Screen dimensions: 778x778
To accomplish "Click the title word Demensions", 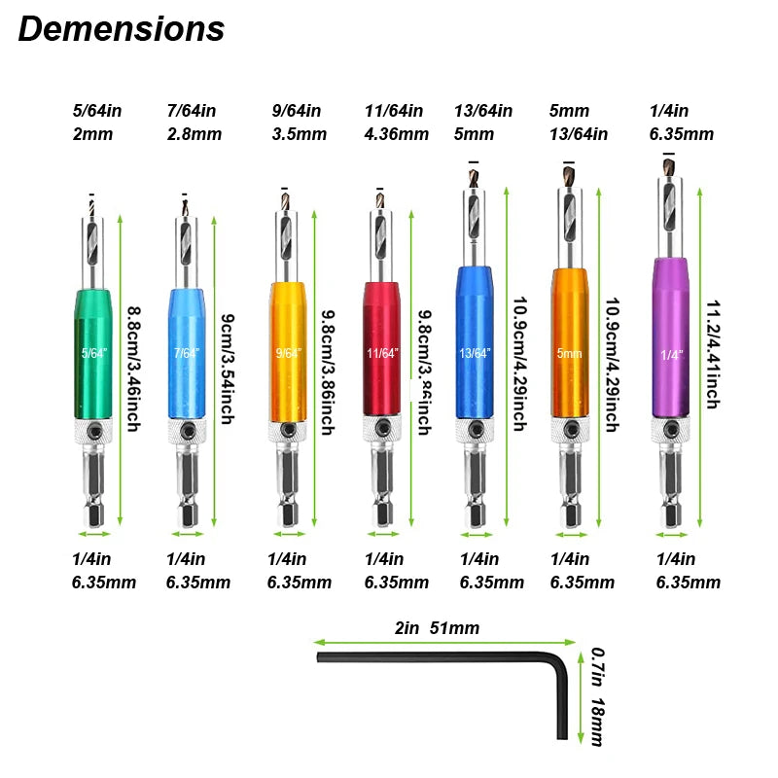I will point(122,29).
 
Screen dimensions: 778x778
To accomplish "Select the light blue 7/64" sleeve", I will point(188,355).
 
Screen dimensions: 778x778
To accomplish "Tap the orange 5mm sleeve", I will point(570,350).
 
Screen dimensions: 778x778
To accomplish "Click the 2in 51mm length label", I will point(437,628).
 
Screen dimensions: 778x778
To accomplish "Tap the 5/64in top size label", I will point(96,110).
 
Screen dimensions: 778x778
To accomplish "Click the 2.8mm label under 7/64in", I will point(191,133).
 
